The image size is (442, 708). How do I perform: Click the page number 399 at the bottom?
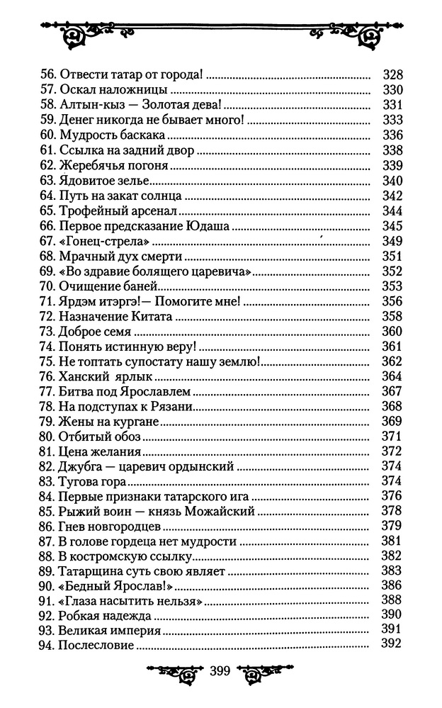coord(222,671)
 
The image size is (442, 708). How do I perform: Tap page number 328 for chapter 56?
coord(392,74)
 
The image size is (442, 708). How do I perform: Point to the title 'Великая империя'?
coord(110,629)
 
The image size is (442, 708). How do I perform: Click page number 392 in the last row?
coord(392,644)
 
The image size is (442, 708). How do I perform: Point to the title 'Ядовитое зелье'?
coord(107,181)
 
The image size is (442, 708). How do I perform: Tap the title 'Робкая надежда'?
coord(106,614)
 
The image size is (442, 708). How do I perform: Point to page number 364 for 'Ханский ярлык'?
coord(392,376)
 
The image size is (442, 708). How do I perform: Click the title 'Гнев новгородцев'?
coord(110,526)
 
